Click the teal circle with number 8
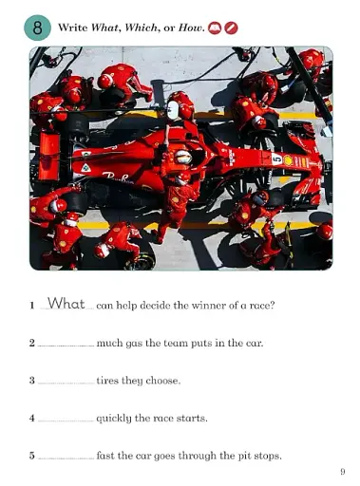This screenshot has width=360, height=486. (37, 28)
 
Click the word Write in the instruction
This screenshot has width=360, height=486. (72, 28)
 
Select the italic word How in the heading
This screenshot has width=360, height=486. (191, 28)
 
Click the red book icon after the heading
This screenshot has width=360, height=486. (215, 28)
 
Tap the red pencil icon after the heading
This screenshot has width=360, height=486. (231, 28)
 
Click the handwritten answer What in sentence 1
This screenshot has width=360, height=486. (66, 304)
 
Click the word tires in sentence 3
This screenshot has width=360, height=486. (108, 381)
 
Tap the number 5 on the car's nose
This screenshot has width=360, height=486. (276, 159)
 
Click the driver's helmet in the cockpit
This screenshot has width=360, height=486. (181, 156)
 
